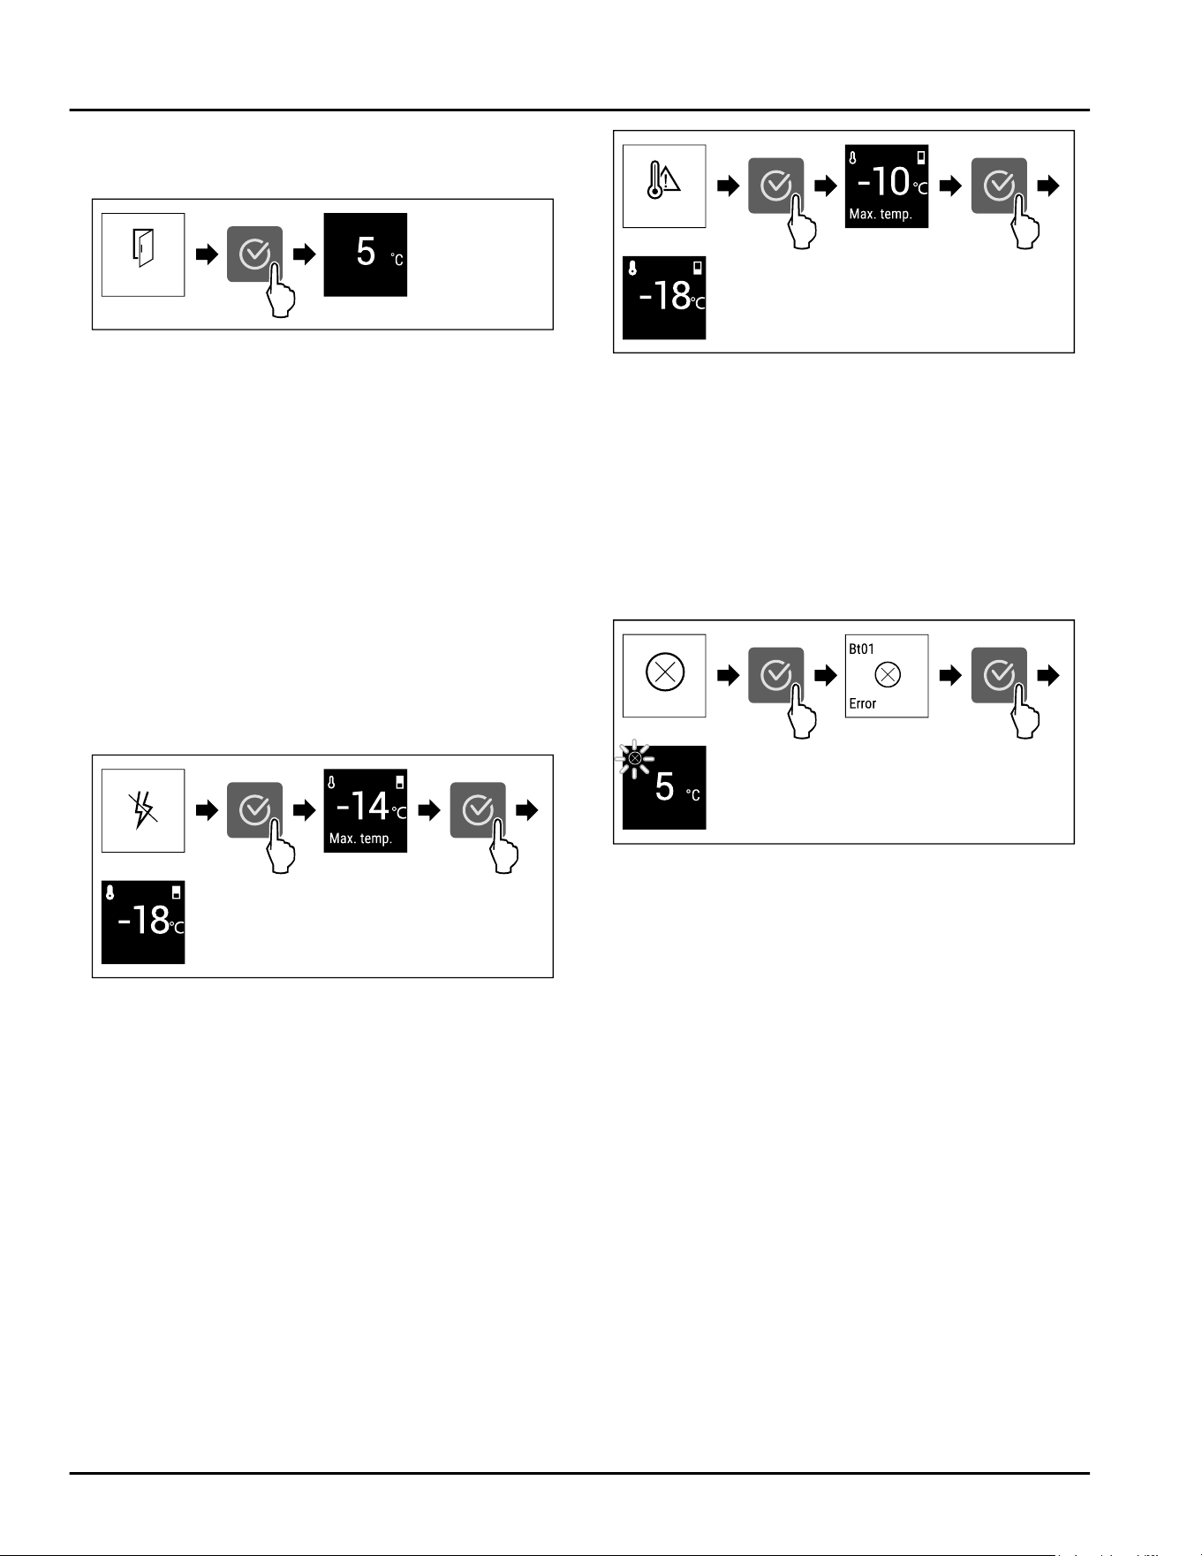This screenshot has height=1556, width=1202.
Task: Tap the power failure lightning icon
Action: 143,810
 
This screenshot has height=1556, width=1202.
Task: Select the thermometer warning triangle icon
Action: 663,181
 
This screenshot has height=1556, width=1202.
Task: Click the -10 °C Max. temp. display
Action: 887,186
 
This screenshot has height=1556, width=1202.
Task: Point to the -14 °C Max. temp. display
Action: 366,810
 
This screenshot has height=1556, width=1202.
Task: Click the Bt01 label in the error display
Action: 861,649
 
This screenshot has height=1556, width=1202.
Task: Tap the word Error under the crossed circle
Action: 863,703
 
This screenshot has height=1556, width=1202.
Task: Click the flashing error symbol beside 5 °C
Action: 634,757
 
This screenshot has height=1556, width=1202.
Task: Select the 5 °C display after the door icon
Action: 366,254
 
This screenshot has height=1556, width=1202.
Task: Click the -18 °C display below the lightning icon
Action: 143,922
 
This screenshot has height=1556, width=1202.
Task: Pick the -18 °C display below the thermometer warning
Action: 664,298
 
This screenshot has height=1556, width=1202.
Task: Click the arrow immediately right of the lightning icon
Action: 207,810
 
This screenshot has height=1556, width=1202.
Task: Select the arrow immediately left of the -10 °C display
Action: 825,186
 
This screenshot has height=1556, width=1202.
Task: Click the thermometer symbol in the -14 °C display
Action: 331,783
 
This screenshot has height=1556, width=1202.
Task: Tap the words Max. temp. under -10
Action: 881,214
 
